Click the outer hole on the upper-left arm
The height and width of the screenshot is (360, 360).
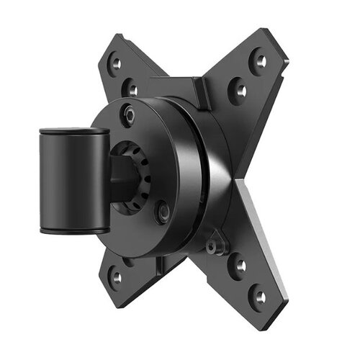click(x=116, y=63)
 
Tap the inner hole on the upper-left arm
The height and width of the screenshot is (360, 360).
click(x=132, y=89)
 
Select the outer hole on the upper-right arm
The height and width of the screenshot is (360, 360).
click(x=258, y=60)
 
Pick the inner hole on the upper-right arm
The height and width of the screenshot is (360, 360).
click(x=238, y=91)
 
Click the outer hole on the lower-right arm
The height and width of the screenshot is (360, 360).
click(x=260, y=295)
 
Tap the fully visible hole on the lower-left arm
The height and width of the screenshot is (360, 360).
click(x=116, y=276)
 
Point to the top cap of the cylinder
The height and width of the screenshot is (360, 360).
click(x=74, y=132)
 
